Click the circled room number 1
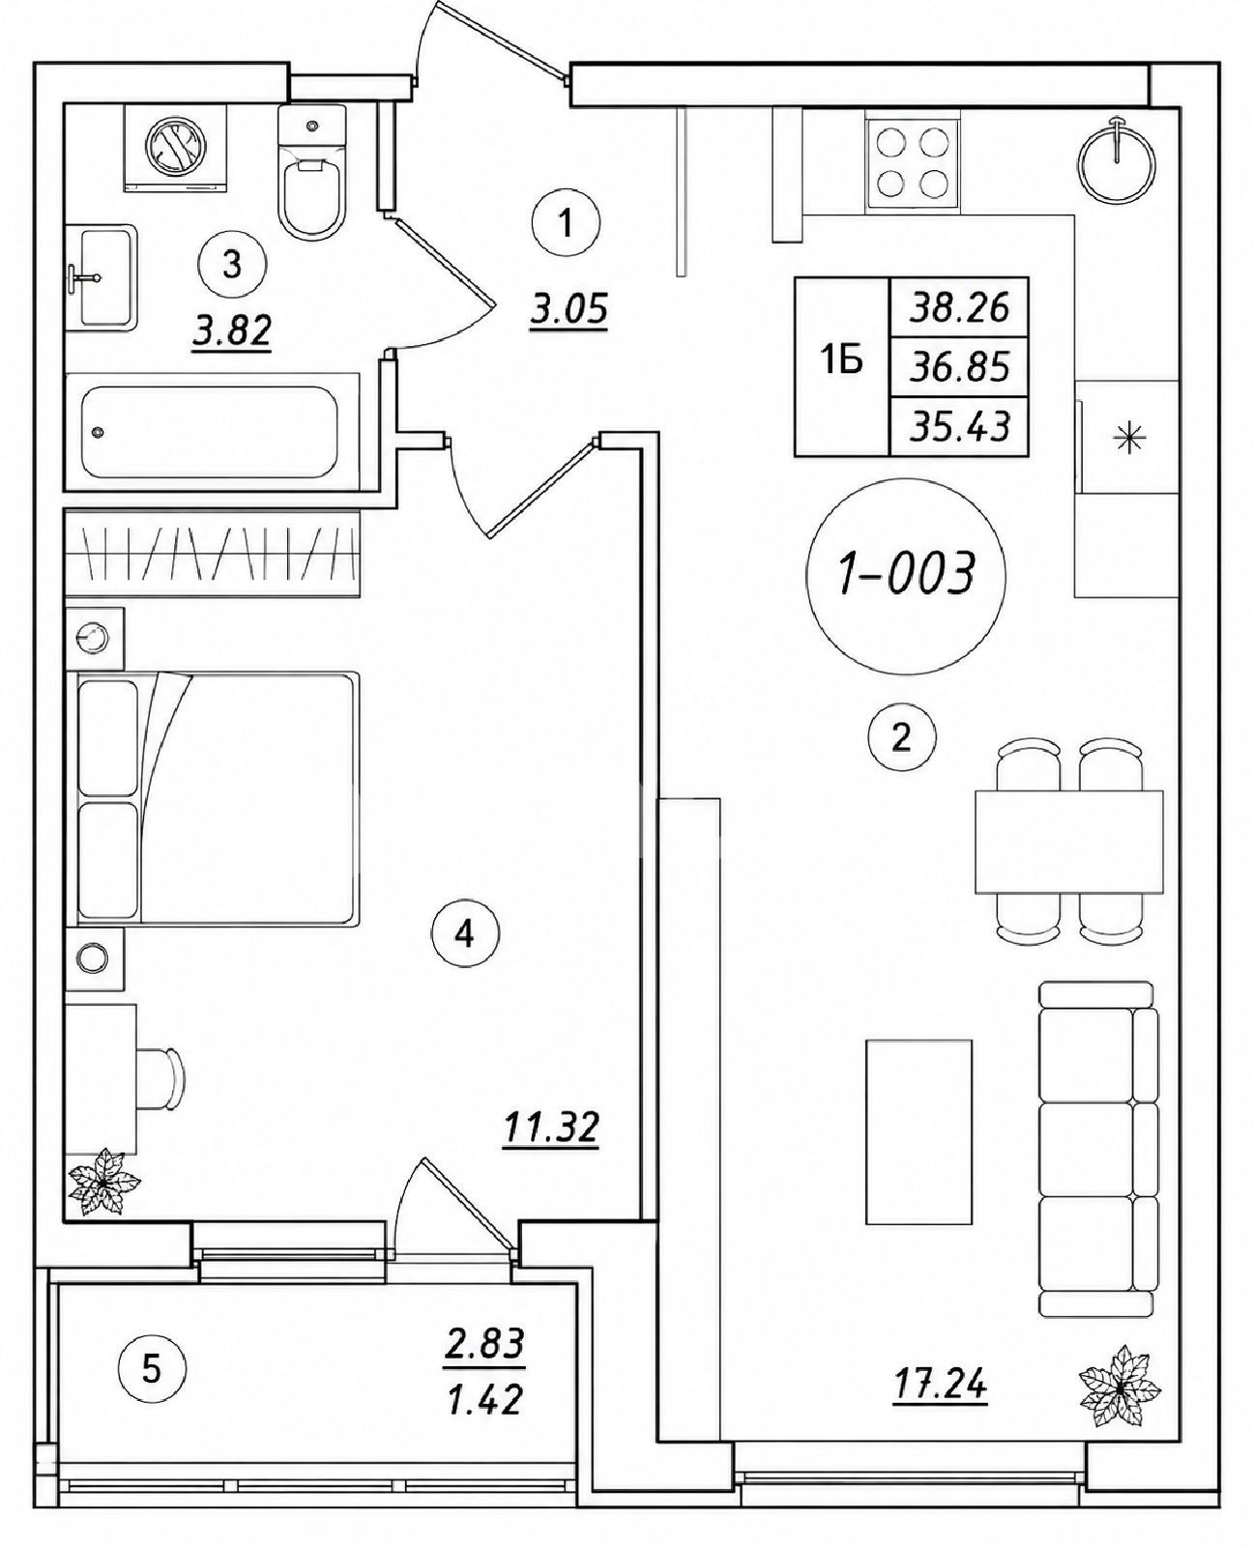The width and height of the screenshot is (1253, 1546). tap(566, 222)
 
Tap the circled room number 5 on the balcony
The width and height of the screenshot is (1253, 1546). tap(152, 1369)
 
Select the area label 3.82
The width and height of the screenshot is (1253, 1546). tap(232, 331)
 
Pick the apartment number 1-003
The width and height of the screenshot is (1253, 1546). tap(906, 574)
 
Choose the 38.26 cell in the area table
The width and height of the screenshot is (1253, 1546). tap(959, 307)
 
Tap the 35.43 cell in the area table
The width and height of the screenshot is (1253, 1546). tap(959, 427)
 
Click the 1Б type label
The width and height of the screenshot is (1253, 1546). tap(843, 360)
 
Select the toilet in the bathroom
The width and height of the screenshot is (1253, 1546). tap(311, 172)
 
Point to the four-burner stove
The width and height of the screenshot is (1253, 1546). tap(913, 164)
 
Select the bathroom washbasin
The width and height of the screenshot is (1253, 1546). tap(102, 277)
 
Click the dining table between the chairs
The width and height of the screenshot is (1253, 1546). tap(1068, 842)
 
